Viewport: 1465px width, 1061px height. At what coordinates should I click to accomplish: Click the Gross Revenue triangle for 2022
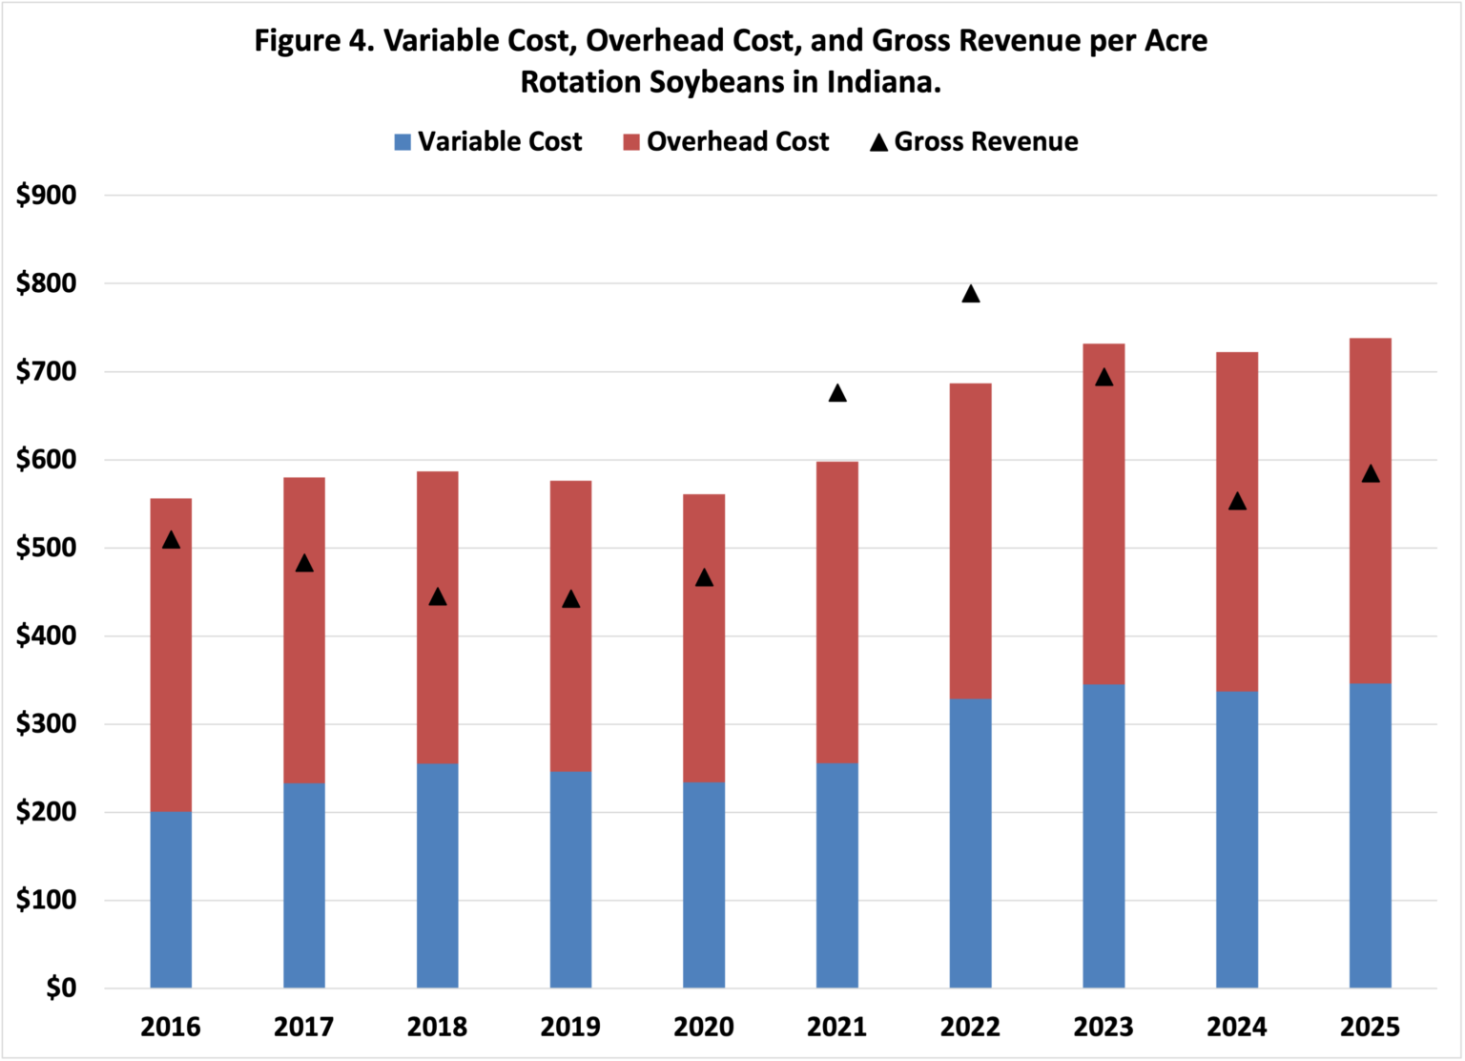[x=970, y=294]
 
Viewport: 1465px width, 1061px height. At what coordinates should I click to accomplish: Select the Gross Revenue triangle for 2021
[x=837, y=393]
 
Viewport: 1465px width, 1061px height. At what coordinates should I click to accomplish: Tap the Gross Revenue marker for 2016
[x=171, y=540]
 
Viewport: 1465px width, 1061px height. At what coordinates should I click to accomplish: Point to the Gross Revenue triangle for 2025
[x=1370, y=474]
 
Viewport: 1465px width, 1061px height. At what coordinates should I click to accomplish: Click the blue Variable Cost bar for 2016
[x=171, y=899]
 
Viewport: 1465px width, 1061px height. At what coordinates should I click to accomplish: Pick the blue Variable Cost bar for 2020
[x=704, y=884]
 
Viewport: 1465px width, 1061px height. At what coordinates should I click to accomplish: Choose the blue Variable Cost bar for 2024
[x=1236, y=840]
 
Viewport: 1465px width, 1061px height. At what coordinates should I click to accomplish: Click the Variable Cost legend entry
[x=487, y=142]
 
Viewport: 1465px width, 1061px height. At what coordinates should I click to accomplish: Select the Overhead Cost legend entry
[x=726, y=142]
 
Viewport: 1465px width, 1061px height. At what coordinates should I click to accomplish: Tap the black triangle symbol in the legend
[x=878, y=143]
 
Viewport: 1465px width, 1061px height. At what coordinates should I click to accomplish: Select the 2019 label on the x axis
[x=570, y=1027]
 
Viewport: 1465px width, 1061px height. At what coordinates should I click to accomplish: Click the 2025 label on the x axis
[x=1370, y=1027]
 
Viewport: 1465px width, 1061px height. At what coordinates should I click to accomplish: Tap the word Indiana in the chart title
[x=882, y=82]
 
